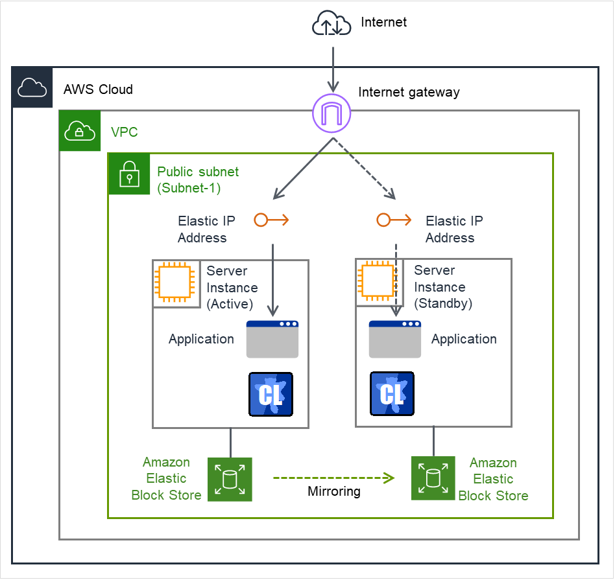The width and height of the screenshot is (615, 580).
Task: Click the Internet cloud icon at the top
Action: coord(332,25)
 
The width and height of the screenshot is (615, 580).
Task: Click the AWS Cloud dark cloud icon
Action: coord(32,87)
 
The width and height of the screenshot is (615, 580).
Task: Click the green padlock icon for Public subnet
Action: coord(129,174)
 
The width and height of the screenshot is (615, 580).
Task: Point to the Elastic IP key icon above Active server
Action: coord(271,220)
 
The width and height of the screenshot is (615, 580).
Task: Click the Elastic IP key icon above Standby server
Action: coord(393,220)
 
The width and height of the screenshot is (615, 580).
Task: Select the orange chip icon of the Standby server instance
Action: coord(377,282)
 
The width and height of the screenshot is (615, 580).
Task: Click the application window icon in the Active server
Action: coord(272,339)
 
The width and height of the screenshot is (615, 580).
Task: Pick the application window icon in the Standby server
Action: coord(395,339)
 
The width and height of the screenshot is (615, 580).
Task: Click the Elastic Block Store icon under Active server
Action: coord(230,480)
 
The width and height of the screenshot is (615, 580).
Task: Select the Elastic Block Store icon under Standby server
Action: coord(433,479)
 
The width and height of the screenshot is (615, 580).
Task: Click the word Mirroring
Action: coord(334,492)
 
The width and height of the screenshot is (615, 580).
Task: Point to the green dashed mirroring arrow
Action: coord(333,478)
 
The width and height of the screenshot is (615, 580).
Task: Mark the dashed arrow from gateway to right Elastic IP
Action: coord(365,167)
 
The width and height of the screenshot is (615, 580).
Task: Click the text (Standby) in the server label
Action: coord(443,303)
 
